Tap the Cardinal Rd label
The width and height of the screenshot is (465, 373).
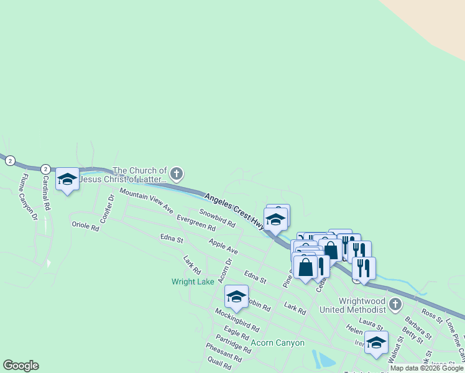pyautogui.click(x=45, y=193)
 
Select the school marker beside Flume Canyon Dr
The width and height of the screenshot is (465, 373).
pyautogui.click(x=67, y=180)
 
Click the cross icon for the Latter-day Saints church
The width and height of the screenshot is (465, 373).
pyautogui.click(x=177, y=173)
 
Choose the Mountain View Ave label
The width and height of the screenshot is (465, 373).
pyautogui.click(x=146, y=200)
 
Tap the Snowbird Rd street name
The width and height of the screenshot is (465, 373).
pyautogui.click(x=217, y=218)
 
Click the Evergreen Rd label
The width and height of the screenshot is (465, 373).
pyautogui.click(x=195, y=223)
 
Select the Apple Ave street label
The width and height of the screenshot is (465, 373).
pyautogui.click(x=224, y=246)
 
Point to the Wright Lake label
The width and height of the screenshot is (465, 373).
pyautogui.click(x=193, y=281)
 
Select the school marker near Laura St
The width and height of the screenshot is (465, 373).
pyautogui.click(x=376, y=343)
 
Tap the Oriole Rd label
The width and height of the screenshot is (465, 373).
pyautogui.click(x=86, y=227)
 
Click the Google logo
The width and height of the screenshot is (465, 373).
pyautogui.click(x=21, y=366)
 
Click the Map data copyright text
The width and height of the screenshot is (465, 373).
pyautogui.click(x=426, y=368)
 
